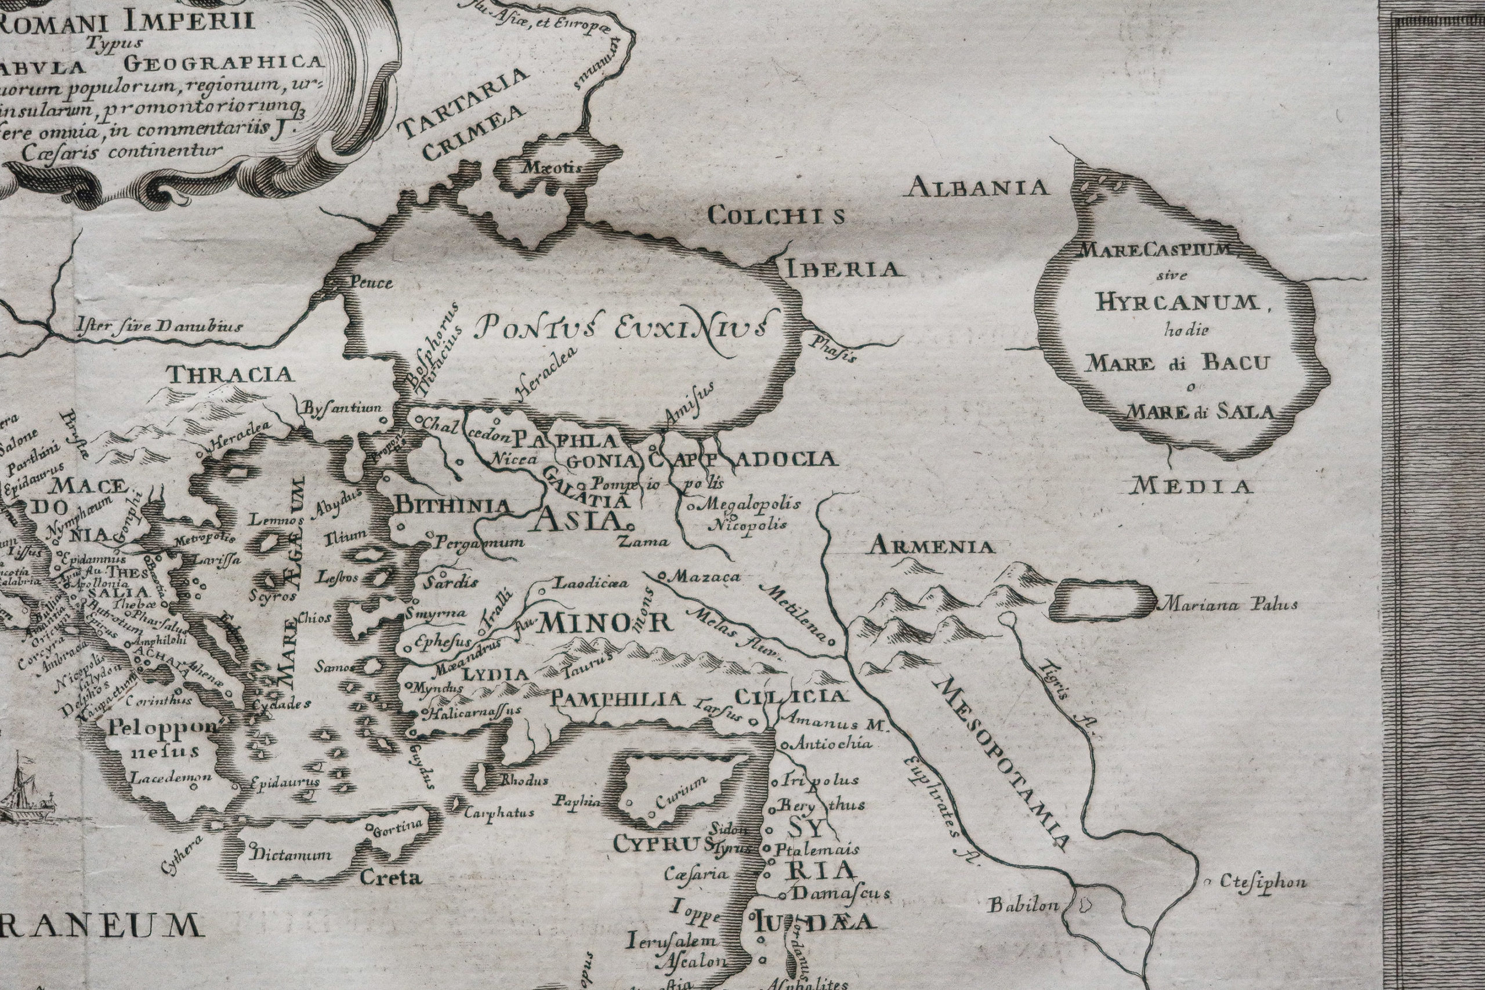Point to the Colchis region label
click(x=776, y=216)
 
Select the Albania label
click(x=979, y=187)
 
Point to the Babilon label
click(x=1023, y=905)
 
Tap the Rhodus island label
click(x=524, y=781)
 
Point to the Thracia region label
click(x=230, y=375)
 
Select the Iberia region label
click(x=842, y=270)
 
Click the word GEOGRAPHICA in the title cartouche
click(x=224, y=63)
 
